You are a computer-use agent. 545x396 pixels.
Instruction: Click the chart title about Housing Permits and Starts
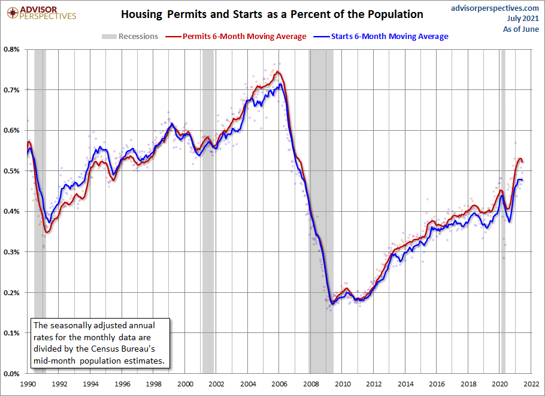click(x=272, y=14)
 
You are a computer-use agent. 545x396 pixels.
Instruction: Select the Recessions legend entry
click(x=129, y=36)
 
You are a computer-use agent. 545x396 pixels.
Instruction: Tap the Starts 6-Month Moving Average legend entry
click(x=380, y=36)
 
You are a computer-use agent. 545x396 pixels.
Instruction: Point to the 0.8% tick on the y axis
click(x=11, y=49)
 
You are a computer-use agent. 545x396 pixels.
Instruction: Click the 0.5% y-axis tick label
click(x=11, y=171)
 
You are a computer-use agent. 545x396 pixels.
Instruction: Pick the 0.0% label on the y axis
click(x=11, y=374)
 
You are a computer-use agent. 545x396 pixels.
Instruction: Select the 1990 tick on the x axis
click(x=28, y=384)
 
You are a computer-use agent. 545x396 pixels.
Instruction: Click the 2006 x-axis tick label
click(x=280, y=384)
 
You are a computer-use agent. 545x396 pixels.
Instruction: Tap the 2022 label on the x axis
click(x=531, y=384)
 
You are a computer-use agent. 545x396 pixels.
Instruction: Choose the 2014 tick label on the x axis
click(x=405, y=384)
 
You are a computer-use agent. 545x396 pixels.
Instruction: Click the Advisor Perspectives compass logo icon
click(x=13, y=13)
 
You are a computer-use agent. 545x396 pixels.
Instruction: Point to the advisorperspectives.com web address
click(x=495, y=8)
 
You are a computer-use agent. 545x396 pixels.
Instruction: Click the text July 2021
click(x=523, y=19)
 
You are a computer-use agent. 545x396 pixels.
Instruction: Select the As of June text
click(x=521, y=29)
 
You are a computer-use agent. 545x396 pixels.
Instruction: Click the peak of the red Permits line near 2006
click(x=277, y=71)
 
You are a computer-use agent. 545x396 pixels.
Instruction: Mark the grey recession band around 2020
click(x=502, y=211)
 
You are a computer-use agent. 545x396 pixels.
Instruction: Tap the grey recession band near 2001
click(x=208, y=211)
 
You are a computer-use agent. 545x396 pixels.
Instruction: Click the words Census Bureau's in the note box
click(x=123, y=349)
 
